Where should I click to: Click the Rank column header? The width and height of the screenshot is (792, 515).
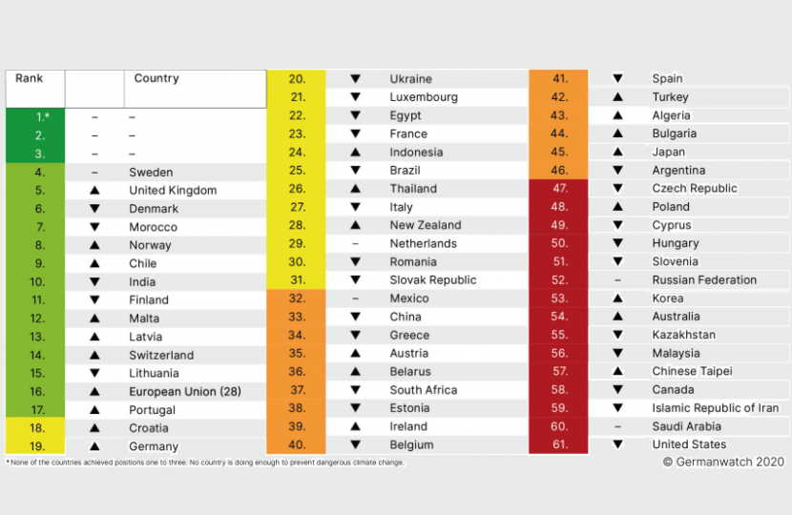pos(29,78)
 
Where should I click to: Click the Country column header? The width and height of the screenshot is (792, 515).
pos(156,78)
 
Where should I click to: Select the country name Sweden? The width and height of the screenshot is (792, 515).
pos(151,173)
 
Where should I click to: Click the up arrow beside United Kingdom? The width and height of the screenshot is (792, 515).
pos(94,191)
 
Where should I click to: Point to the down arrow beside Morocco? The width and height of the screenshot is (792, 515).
pos(94,227)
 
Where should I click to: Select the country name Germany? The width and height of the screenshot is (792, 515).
pos(154,446)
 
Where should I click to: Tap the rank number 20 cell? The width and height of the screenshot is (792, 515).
pos(297,79)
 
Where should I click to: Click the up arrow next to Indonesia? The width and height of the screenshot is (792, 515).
pos(355,153)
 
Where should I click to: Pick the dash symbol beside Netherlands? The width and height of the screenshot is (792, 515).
pos(355,244)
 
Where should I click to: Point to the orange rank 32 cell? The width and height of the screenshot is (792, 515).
pos(297,299)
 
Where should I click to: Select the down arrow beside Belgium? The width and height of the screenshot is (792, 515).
pos(355,444)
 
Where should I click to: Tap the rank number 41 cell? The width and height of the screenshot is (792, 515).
pos(559,79)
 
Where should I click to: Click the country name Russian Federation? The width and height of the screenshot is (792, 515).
pos(704,280)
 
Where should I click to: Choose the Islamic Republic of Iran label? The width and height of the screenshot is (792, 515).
pos(715,408)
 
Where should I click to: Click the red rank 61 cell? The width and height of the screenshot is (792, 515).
pos(559,444)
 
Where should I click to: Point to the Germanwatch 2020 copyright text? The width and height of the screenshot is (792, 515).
pos(723,462)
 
